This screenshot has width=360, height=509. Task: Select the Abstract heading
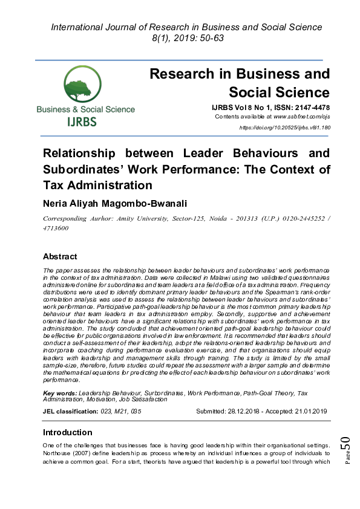pyautogui.click(x=60, y=256)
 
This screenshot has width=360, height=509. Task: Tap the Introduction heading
pyautogui.click(x=67, y=432)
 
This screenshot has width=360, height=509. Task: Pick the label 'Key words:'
pyautogui.click(x=61, y=393)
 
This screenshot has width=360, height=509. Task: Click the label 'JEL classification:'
pyautogui.click(x=70, y=411)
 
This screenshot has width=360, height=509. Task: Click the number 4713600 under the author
pyautogui.click(x=55, y=228)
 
